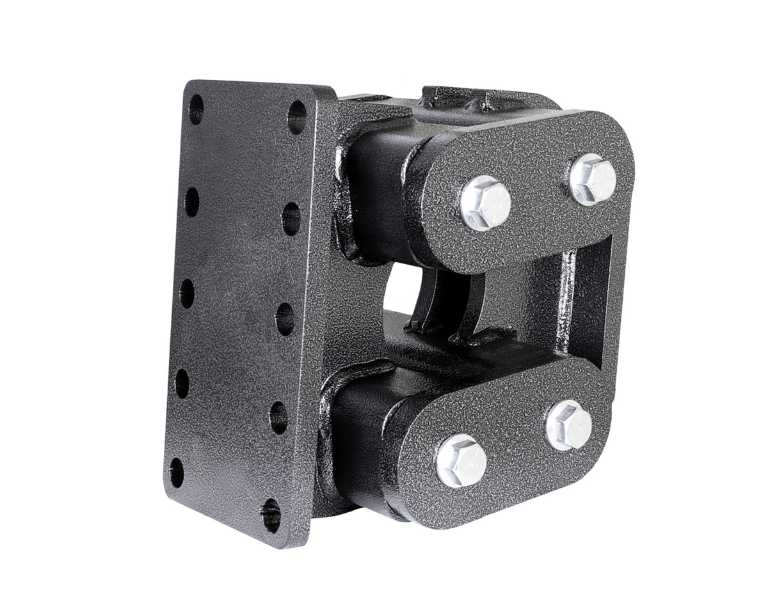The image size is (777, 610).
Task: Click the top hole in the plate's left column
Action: tap(196, 109)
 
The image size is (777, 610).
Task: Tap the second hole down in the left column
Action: tap(191, 201)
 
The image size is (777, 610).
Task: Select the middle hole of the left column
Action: tap(187, 293)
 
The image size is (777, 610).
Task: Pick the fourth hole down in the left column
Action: tap(182, 383)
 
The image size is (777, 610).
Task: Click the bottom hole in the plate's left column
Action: tap(177, 473)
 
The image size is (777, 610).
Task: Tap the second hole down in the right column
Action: tap(291, 219)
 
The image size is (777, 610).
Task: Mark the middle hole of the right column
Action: tap(285, 318)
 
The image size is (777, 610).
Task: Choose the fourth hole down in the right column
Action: tap(278, 418)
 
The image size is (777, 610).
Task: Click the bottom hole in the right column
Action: tap(271, 515)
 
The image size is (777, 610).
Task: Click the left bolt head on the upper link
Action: tap(485, 203)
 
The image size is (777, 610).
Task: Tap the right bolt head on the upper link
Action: tap(593, 179)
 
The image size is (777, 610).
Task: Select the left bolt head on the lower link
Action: tap(461, 460)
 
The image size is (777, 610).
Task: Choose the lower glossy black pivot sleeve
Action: tap(358, 441)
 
